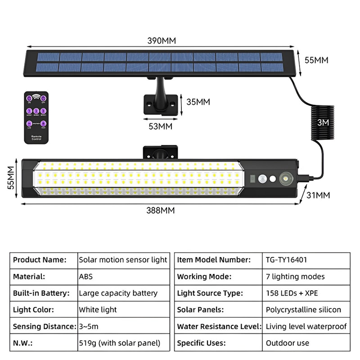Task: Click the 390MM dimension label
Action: coord(162,40)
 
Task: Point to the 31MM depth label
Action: coord(318,195)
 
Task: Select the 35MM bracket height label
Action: coord(198,102)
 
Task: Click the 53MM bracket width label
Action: coord(160,126)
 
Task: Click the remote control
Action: coord(36,117)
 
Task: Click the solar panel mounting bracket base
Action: coord(159,103)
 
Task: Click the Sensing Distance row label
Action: coord(44,326)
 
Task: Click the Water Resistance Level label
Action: coord(218,326)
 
